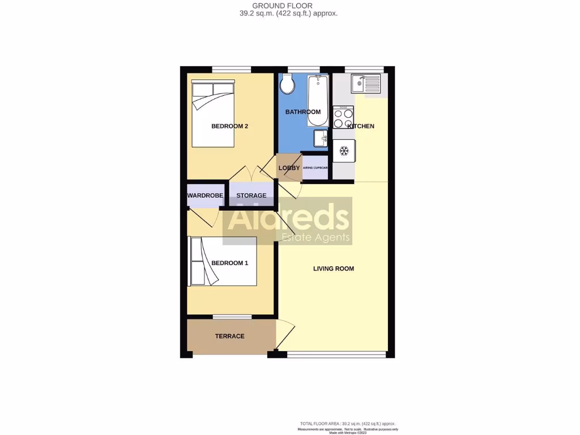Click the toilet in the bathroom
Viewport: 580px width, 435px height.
coord(287,85)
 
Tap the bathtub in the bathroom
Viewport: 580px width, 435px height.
coord(314,101)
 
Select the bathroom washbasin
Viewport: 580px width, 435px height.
coord(321,138)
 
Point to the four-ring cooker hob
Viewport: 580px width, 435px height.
coord(343,118)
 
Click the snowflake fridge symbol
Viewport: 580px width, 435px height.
coord(344,151)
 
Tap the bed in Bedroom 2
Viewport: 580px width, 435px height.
coord(213,113)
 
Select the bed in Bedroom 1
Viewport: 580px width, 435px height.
coord(223,261)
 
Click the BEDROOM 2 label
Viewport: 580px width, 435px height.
coord(230,126)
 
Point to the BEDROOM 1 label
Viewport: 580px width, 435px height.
coord(230,263)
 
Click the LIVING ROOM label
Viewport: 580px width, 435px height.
coord(334,268)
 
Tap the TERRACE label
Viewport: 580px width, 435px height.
coord(230,336)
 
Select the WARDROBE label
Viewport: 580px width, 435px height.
coord(205,196)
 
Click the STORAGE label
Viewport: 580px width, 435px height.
coord(251,196)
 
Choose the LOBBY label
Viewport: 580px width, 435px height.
coord(289,168)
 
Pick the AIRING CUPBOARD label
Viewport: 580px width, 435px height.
coord(316,168)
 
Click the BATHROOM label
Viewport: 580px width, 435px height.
coord(303,112)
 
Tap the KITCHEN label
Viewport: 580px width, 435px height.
coord(361,126)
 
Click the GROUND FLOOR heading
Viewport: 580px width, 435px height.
coord(290,6)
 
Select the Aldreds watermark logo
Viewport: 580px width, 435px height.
coord(288,221)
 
